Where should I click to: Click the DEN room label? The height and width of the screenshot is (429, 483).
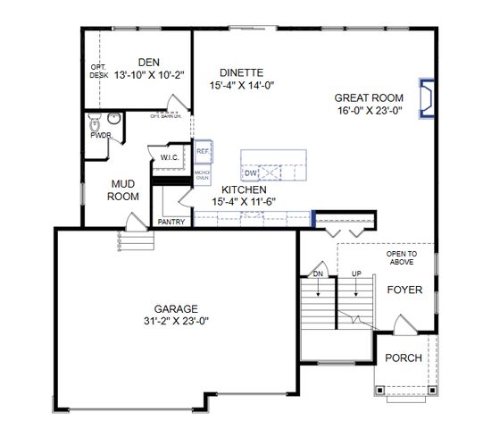point(148,62)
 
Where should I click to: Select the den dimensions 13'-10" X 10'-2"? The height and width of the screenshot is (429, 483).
point(148,75)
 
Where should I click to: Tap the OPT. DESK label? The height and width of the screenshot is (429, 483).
point(98,71)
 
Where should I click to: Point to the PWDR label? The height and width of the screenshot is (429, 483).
point(100,135)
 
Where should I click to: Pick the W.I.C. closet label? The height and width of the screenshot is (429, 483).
point(171,158)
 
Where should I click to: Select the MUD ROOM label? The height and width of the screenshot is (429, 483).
point(123,190)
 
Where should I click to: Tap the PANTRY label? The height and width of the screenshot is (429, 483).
point(171,222)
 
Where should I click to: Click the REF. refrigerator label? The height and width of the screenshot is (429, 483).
point(203,152)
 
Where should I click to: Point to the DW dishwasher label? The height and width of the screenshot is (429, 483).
point(251,172)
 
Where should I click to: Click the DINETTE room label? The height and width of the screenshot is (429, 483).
point(239,73)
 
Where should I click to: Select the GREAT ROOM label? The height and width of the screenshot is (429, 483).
point(368,98)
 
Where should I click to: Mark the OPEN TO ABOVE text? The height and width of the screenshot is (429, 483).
point(401,258)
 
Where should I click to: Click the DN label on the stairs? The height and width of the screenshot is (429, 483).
point(318,273)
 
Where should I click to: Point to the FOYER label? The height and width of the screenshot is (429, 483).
point(404,290)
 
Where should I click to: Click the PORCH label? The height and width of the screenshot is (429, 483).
point(403,358)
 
